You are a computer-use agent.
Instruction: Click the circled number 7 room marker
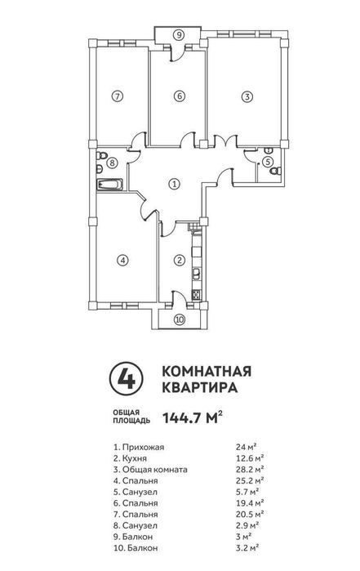click(118, 96)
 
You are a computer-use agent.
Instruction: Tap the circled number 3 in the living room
click(247, 96)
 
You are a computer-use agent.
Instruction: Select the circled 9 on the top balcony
click(178, 35)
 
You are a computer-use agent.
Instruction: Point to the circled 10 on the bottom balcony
click(179, 320)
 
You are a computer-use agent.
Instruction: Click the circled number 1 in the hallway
click(175, 184)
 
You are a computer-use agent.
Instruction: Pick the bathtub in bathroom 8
click(110, 185)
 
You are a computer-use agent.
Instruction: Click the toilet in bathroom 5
click(276, 170)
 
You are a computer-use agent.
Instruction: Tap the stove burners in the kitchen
click(196, 294)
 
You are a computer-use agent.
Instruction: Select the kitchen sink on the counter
click(196, 274)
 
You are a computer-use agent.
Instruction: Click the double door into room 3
click(226, 141)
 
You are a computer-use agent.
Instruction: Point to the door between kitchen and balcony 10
click(179, 297)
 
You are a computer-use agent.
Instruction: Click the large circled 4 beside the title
click(127, 379)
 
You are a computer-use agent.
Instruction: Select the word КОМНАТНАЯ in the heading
click(207, 372)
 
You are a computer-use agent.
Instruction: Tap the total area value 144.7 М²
click(192, 417)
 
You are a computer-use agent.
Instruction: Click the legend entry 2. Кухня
click(131, 458)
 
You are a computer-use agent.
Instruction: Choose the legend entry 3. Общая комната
click(150, 470)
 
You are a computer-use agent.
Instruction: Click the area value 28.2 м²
click(249, 470)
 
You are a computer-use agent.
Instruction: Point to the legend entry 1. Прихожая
click(139, 447)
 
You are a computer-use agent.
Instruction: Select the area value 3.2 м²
click(247, 547)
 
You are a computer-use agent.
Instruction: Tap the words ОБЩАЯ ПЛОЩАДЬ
click(131, 417)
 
